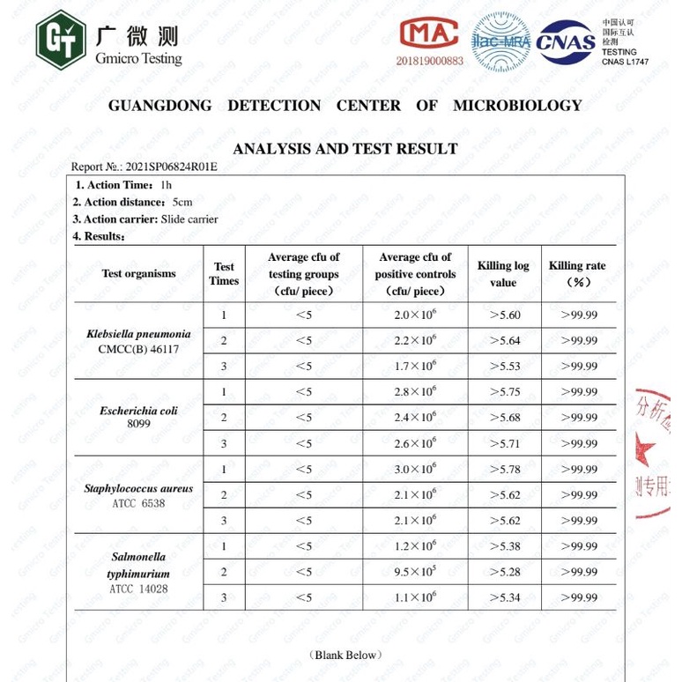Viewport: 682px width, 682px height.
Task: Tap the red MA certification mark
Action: pyautogui.click(x=429, y=33)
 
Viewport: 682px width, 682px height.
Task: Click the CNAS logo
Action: pyautogui.click(x=567, y=42)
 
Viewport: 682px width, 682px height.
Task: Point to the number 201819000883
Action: pyautogui.click(x=429, y=61)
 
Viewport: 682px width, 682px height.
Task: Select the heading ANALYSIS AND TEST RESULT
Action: pyautogui.click(x=345, y=149)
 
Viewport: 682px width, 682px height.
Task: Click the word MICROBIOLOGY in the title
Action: pyautogui.click(x=517, y=106)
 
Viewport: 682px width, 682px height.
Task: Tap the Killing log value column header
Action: pyautogui.click(x=503, y=274)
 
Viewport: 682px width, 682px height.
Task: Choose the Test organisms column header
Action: pyautogui.click(x=138, y=274)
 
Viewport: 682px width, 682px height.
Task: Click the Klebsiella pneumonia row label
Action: pyautogui.click(x=138, y=341)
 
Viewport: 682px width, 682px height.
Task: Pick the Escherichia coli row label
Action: pyautogui.click(x=138, y=417)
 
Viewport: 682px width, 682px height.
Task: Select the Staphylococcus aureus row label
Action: pyautogui.click(x=138, y=495)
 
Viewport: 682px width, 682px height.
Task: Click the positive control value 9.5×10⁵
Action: pyautogui.click(x=414, y=572)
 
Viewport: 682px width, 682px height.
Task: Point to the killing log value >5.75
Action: pyautogui.click(x=504, y=392)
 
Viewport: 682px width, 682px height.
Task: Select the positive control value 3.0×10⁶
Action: pyautogui.click(x=414, y=469)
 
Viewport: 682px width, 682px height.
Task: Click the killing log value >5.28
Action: pyautogui.click(x=504, y=572)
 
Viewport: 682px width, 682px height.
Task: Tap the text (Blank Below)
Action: pyautogui.click(x=345, y=655)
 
